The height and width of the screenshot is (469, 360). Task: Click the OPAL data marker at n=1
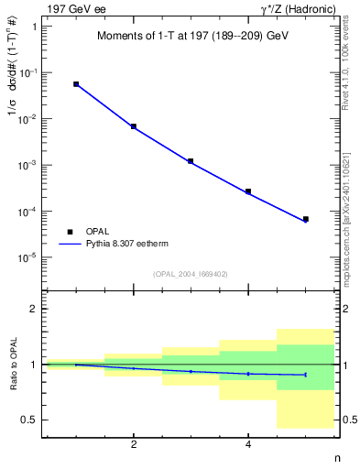point(76,84)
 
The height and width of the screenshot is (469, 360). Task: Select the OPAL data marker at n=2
point(134,126)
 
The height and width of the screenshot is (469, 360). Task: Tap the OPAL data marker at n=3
point(191,161)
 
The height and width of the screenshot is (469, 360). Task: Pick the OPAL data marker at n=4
point(248,191)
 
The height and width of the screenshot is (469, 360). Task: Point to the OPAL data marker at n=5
point(305,219)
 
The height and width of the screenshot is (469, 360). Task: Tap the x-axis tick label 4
point(248,445)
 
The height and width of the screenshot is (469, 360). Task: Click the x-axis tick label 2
point(134,445)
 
